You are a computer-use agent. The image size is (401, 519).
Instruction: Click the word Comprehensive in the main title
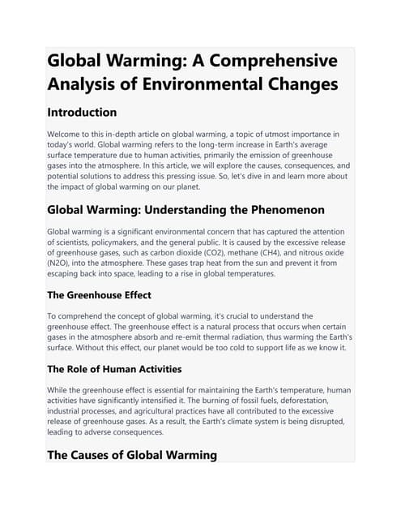tap(268, 61)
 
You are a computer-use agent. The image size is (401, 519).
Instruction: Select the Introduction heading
tap(83, 112)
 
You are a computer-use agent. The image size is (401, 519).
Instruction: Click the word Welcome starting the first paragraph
tap(69, 134)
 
